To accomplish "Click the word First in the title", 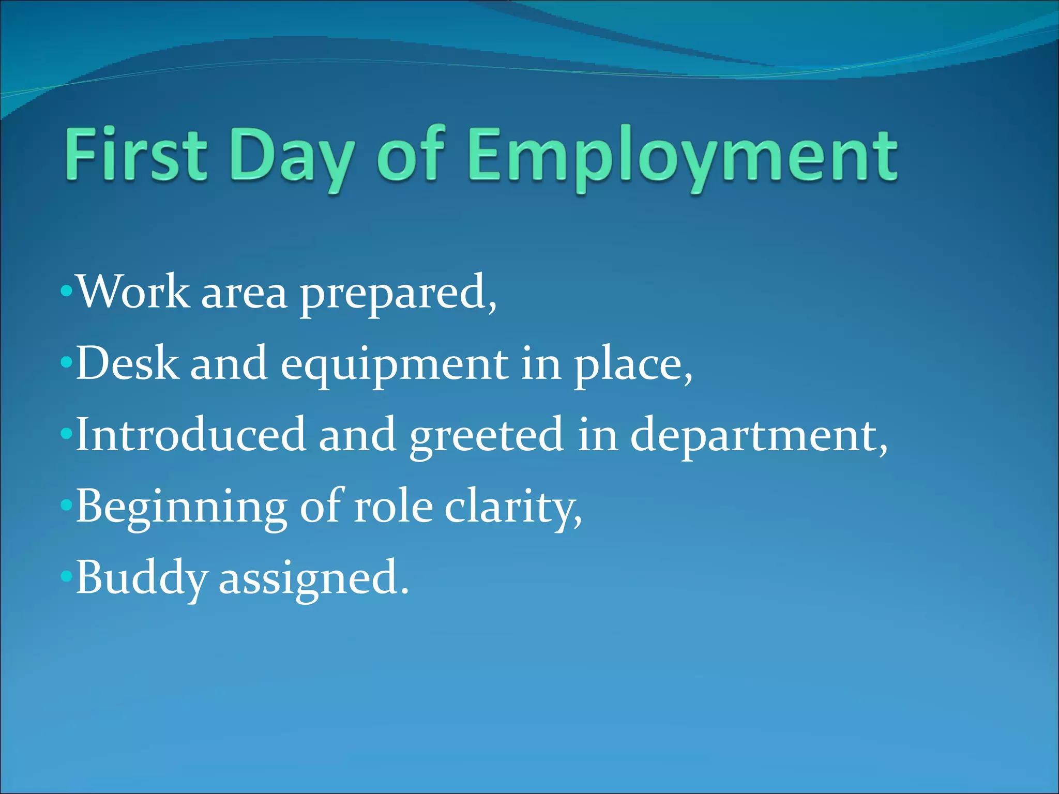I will [136, 155].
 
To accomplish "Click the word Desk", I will [127, 364].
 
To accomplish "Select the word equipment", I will [395, 366].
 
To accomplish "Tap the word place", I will [632, 366].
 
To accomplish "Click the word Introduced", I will [191, 435].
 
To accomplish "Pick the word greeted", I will [486, 437].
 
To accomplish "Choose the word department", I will [757, 437].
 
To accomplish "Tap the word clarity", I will [512, 509].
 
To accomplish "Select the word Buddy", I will [142, 579].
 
